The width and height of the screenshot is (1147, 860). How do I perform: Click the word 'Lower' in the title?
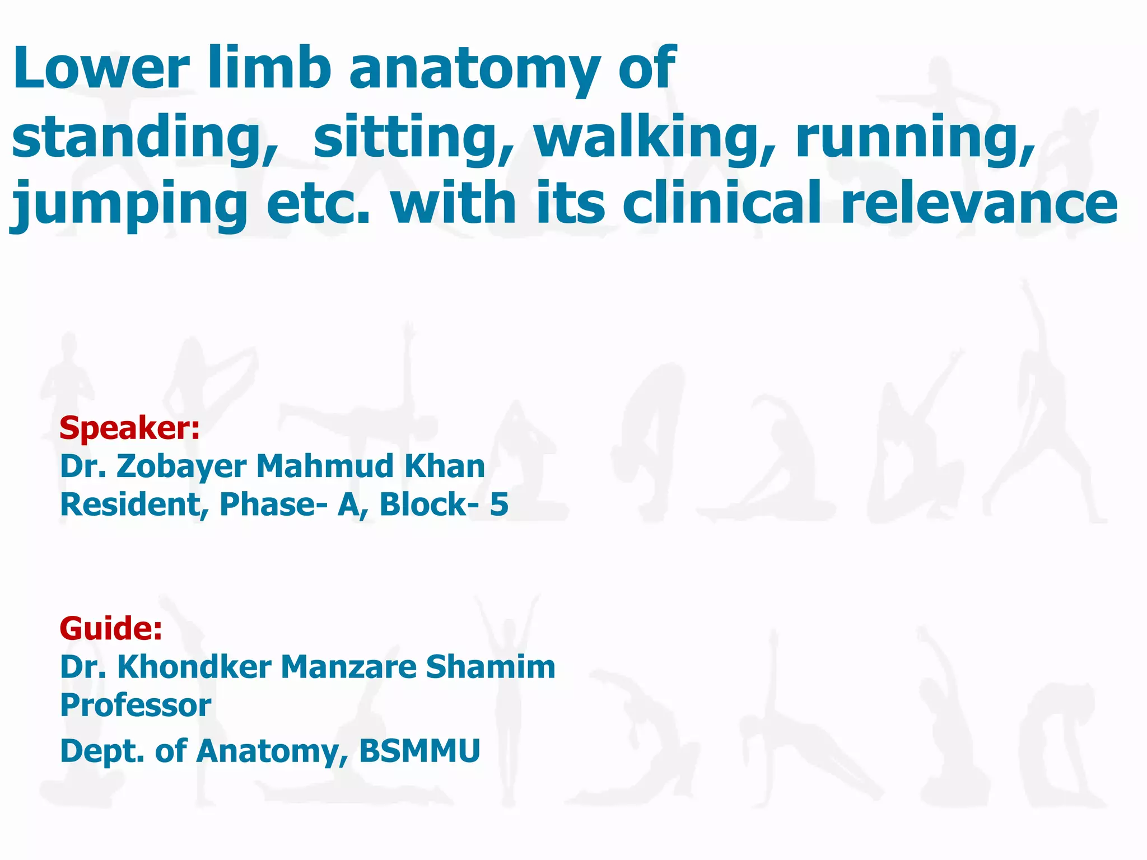(x=101, y=69)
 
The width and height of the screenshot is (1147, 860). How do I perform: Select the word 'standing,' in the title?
(x=144, y=138)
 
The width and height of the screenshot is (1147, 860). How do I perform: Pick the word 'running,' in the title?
(x=915, y=138)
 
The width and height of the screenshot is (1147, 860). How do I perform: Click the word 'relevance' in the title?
(x=979, y=203)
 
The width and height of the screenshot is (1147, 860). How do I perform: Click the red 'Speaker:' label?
(x=129, y=428)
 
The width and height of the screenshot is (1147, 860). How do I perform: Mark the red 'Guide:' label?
(x=111, y=628)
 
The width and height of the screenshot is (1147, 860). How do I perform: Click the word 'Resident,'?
(x=134, y=505)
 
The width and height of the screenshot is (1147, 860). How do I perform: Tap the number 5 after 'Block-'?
(x=499, y=504)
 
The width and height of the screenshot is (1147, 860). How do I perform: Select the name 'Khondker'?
(x=194, y=667)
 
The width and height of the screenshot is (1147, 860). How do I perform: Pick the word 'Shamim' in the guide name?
(x=490, y=667)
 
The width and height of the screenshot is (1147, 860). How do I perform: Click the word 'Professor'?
(x=136, y=705)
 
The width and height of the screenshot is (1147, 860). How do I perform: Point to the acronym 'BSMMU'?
(x=419, y=751)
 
